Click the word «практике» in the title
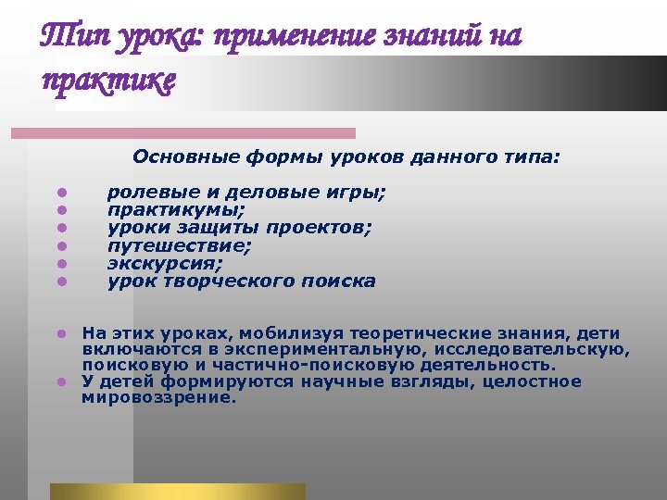pos(107,81)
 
